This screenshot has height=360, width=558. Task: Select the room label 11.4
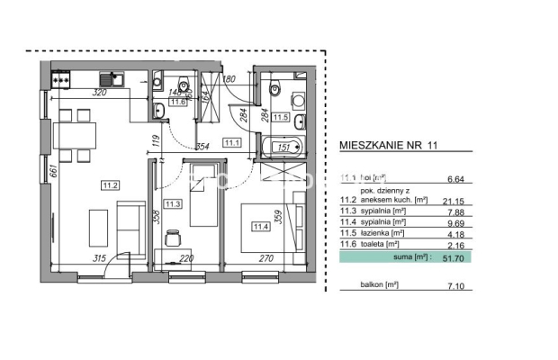(x=261, y=226)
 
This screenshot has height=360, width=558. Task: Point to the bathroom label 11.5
(x=280, y=117)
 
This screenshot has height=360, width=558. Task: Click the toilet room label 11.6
(x=179, y=103)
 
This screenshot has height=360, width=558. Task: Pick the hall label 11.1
(x=232, y=141)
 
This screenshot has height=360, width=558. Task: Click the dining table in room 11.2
(x=77, y=136)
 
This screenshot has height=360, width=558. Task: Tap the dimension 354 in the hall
(x=202, y=146)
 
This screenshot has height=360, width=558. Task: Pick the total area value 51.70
(x=490, y=257)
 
